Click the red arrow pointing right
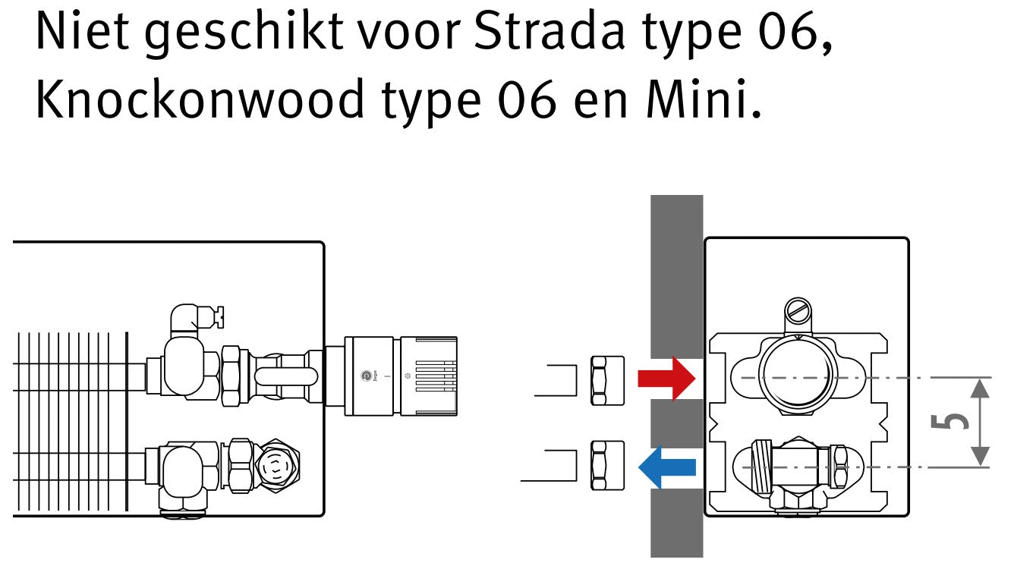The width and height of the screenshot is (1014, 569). point(666,379)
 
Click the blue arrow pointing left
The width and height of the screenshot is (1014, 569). point(666,467)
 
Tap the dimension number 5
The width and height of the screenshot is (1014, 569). point(949,421)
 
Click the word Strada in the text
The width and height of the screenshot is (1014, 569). point(550,31)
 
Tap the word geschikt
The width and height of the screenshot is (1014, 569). point(244,34)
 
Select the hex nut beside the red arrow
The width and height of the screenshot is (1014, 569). point(607,380)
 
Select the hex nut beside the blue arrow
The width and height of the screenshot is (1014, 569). point(607,465)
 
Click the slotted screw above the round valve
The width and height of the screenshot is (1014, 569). point(798,310)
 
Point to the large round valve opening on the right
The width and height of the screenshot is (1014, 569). point(798,375)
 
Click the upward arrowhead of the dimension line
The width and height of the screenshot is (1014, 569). point(980,388)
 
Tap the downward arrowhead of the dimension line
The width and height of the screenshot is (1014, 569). point(980,456)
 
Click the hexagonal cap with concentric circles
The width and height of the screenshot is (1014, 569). point(277,465)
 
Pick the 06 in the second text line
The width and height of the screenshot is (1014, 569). point(527,99)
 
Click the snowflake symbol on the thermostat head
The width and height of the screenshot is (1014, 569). point(408,376)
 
